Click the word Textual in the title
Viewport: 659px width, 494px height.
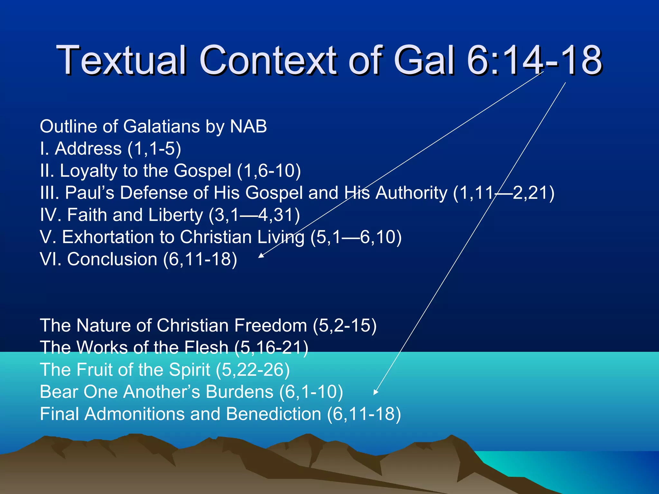(121, 60)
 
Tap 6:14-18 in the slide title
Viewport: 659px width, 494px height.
(534, 60)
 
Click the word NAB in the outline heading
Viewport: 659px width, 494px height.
(248, 126)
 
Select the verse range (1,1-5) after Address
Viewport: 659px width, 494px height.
(154, 149)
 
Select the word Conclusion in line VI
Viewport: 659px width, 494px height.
(112, 259)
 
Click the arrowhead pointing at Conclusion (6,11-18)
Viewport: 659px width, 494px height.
(261, 256)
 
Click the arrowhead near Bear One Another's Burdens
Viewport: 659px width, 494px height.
(375, 392)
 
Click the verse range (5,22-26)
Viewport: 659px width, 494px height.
(253, 370)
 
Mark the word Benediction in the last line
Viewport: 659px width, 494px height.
(274, 414)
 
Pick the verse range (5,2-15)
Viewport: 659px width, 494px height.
(345, 325)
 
